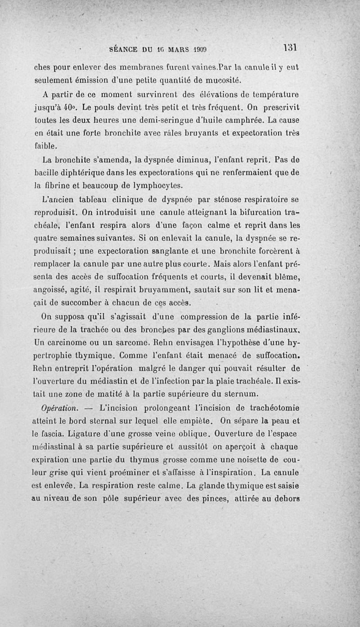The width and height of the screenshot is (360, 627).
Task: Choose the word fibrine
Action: point(55,185)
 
